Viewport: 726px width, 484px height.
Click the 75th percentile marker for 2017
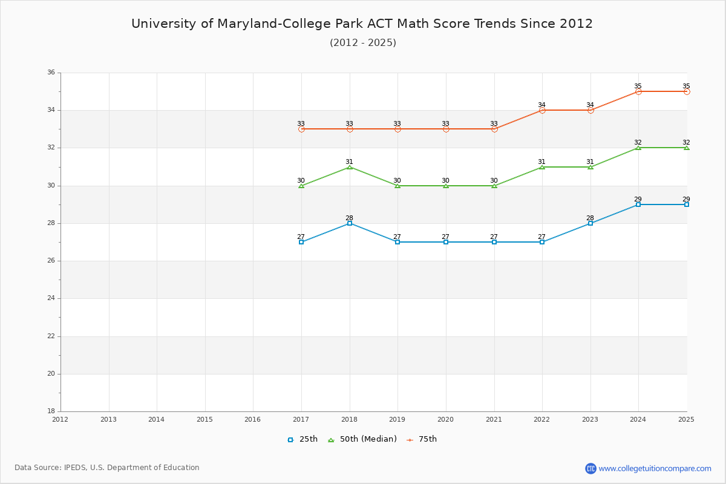point(301,129)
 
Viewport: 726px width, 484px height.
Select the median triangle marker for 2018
point(350,166)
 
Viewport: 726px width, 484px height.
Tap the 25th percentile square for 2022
point(542,242)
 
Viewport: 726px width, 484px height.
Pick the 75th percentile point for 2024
point(638,91)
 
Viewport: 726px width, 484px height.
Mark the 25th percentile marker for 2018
point(350,223)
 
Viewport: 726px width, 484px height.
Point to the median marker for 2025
point(687,148)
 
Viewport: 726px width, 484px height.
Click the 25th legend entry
point(302,439)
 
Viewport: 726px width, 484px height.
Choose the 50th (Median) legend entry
point(362,439)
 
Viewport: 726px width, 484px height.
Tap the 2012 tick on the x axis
point(60,419)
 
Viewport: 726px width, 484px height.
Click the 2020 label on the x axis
point(446,419)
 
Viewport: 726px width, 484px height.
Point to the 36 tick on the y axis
point(51,73)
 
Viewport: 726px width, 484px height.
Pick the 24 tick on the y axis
point(51,298)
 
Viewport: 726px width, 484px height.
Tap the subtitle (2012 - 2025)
point(363,43)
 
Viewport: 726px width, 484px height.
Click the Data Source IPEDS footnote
point(107,468)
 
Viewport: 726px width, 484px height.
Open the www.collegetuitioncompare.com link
point(655,468)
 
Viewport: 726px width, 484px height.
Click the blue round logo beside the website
point(590,468)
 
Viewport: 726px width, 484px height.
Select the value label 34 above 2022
point(541,105)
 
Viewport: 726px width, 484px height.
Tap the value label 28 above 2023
point(590,218)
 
